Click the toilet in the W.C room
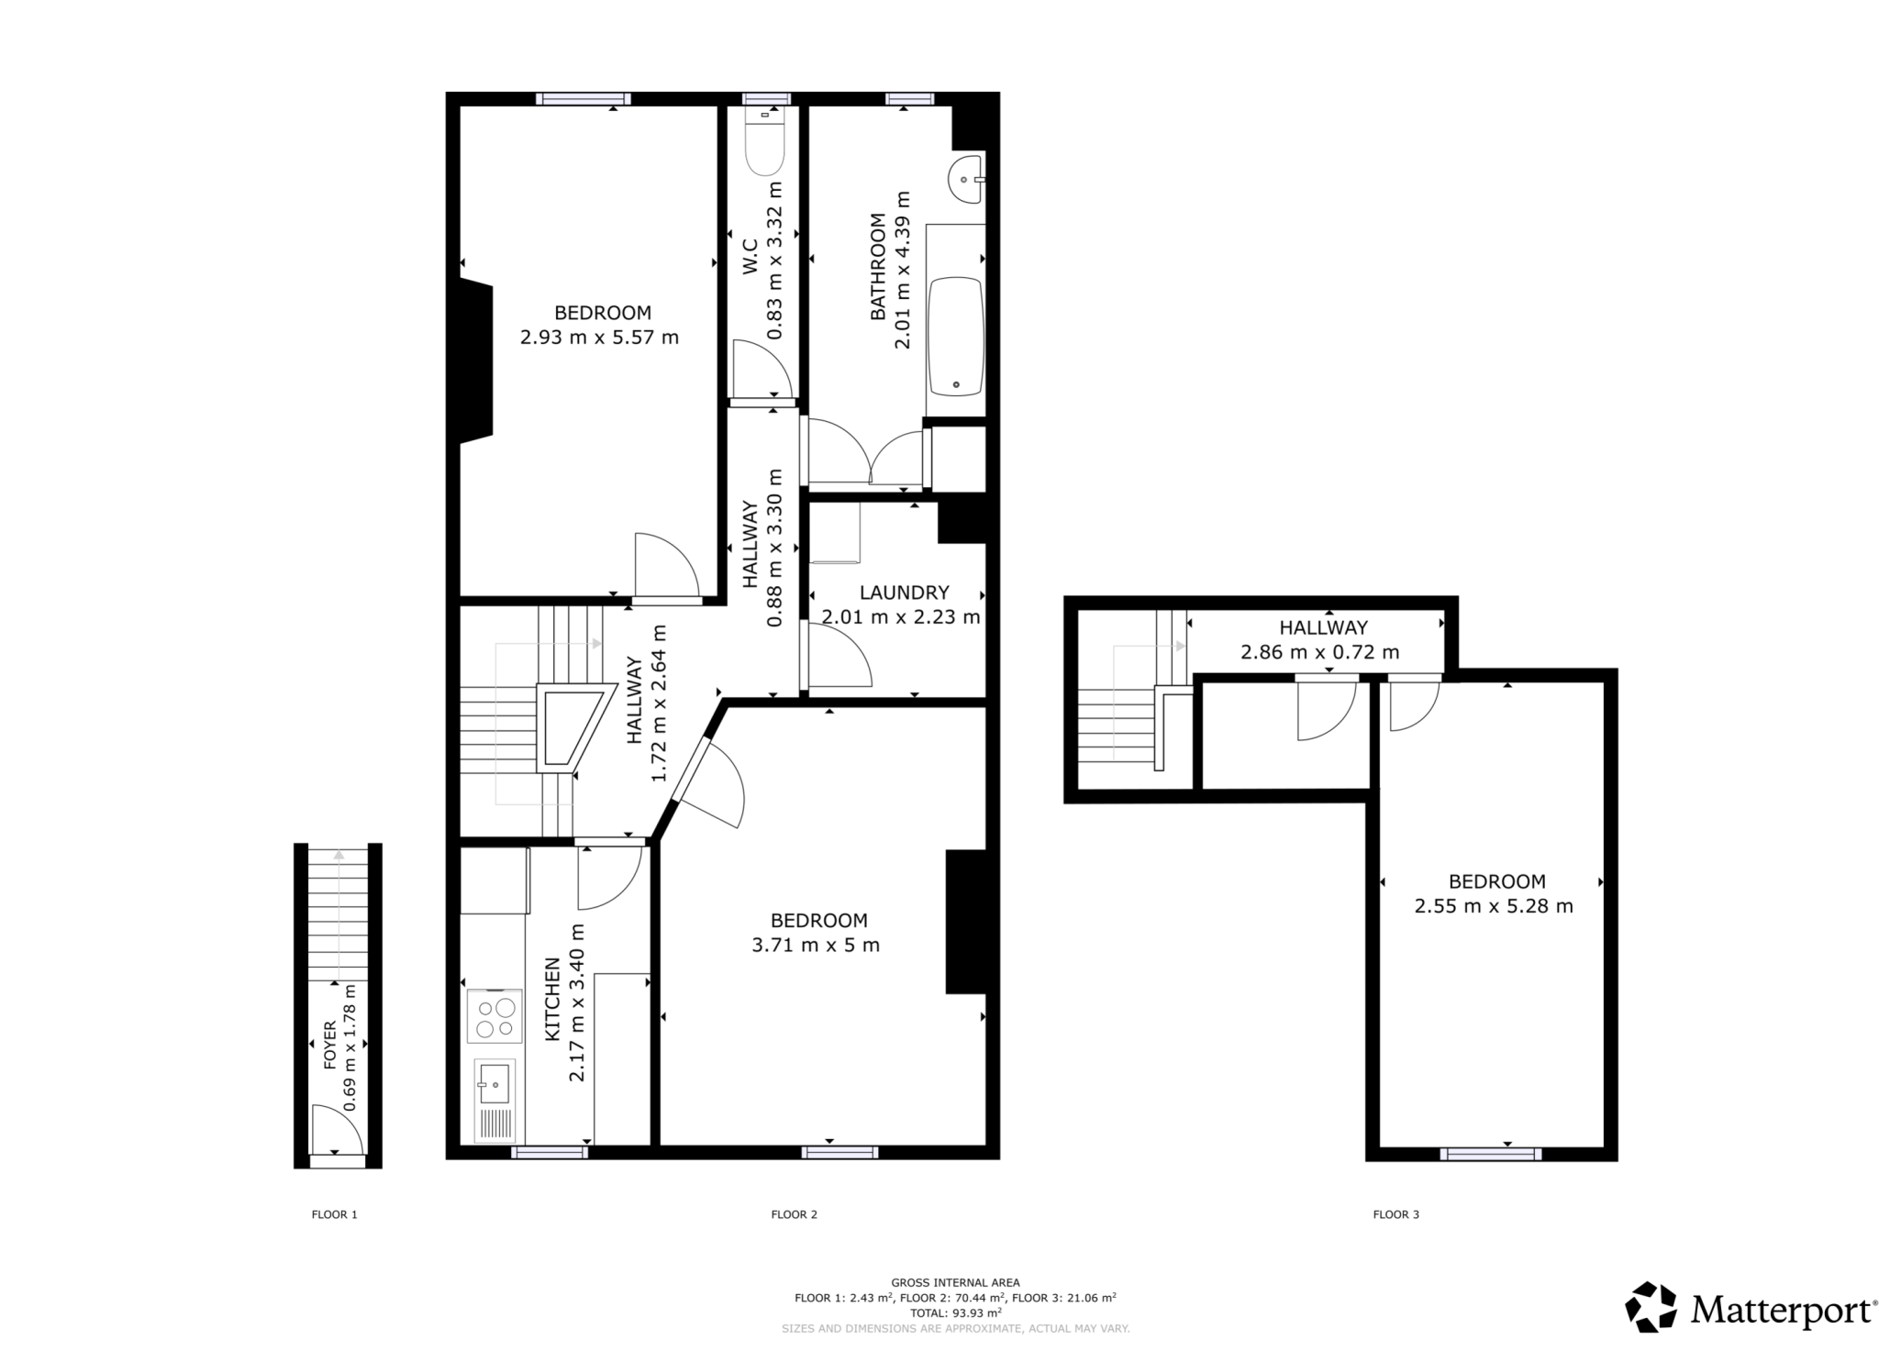click(765, 147)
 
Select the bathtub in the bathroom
click(955, 336)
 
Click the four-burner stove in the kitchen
click(495, 1017)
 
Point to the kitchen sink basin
click(494, 1084)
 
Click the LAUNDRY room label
click(904, 592)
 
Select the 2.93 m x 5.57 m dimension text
click(599, 338)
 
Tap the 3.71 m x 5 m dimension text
click(815, 945)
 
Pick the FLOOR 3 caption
click(1395, 1214)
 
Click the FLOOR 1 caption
click(334, 1214)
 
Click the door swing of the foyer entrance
click(333, 1127)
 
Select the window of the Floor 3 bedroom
click(1490, 1154)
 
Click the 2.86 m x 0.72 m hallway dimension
click(1319, 652)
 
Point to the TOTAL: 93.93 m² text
click(955, 1312)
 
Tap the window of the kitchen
click(549, 1153)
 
